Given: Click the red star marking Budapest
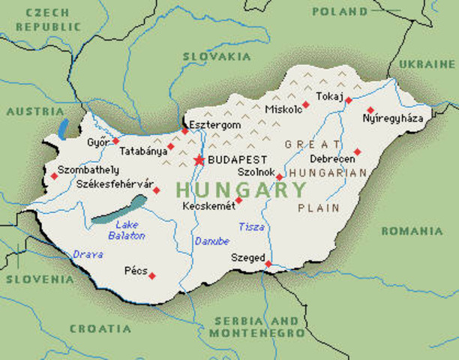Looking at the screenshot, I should (199, 160).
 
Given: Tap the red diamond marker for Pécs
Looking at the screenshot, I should (151, 276).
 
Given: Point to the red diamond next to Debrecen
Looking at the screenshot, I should (357, 151).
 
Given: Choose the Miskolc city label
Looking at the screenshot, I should (283, 110).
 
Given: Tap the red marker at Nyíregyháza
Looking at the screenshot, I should (370, 109).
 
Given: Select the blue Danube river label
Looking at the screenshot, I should (209, 241).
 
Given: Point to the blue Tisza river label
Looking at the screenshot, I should (251, 226).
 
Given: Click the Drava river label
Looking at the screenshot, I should (88, 254).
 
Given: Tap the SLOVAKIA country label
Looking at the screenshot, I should (215, 57).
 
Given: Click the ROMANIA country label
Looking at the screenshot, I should (412, 231).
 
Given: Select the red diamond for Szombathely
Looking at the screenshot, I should (54, 176).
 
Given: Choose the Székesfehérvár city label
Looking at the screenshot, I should (114, 184).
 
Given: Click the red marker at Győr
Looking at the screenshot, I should (115, 140).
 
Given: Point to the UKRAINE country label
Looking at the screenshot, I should (421, 64).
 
